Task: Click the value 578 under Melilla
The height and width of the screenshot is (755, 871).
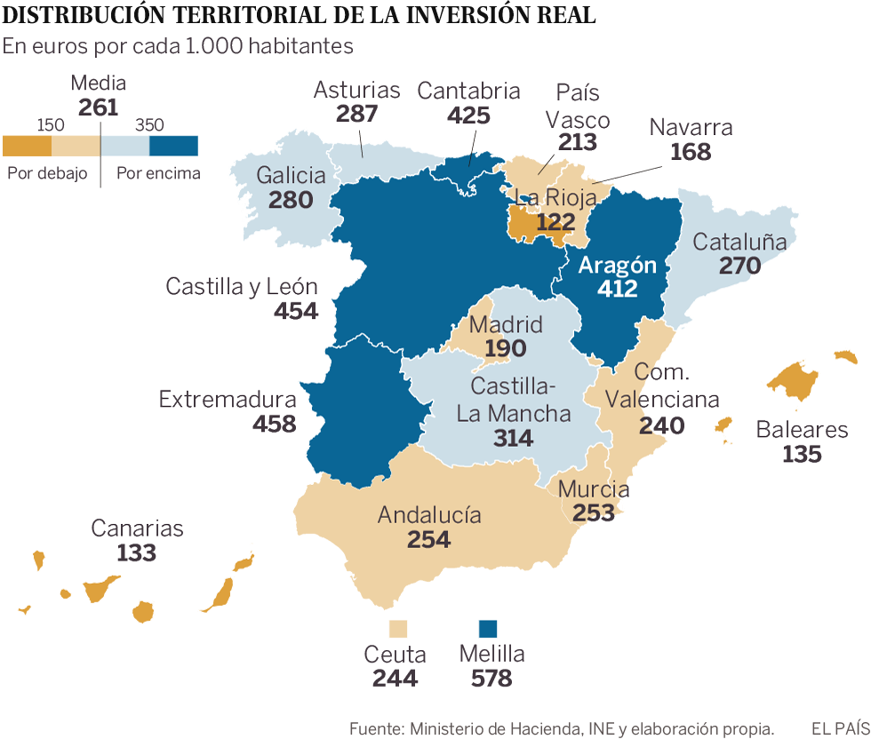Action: [491, 679]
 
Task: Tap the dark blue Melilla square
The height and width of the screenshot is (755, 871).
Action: [488, 629]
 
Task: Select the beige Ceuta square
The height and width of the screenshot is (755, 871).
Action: [398, 629]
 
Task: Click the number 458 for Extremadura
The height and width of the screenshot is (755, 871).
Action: [274, 424]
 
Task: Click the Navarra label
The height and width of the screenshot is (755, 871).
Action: [691, 127]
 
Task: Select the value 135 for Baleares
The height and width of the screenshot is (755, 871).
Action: [803, 454]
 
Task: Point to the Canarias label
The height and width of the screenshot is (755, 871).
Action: [137, 528]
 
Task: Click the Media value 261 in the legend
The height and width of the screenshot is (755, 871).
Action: [98, 107]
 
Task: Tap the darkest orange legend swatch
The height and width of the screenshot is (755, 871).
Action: [28, 146]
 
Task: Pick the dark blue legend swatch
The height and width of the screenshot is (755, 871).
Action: [173, 146]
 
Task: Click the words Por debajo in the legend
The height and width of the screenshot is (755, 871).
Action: [47, 173]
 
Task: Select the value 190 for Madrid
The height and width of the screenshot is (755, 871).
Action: [506, 348]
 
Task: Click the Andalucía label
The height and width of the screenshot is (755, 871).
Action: [429, 515]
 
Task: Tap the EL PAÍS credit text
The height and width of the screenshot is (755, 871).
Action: [840, 729]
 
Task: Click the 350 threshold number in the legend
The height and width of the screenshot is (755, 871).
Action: [150, 125]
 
